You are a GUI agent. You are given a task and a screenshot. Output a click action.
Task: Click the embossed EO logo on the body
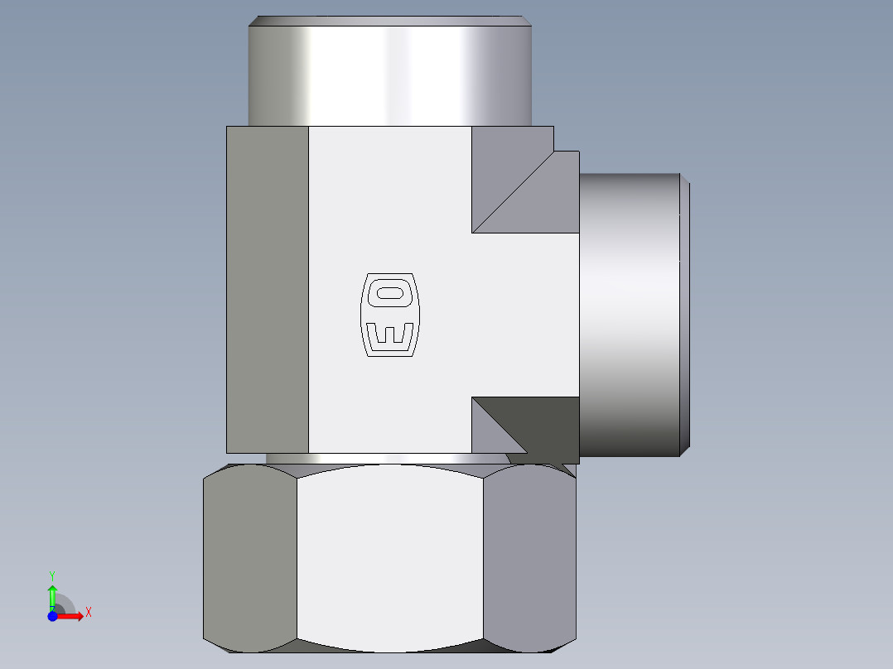[x=389, y=315]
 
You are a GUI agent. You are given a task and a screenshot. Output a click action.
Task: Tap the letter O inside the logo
[x=389, y=292]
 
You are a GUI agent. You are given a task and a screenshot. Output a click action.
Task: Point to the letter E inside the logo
[x=389, y=335]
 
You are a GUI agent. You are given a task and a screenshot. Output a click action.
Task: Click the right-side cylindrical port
[x=630, y=315]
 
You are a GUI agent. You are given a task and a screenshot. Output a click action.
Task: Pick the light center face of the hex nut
[x=389, y=555]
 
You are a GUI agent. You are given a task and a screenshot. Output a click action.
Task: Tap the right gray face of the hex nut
[x=529, y=555]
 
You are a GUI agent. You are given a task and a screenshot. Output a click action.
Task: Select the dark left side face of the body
[x=267, y=290]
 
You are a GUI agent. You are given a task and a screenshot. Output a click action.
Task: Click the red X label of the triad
[x=88, y=613]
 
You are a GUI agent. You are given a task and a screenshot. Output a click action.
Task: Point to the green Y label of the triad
[x=52, y=575]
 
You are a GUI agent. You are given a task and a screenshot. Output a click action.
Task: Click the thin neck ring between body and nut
[x=381, y=458]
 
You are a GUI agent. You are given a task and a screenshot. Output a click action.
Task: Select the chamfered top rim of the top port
[x=389, y=20]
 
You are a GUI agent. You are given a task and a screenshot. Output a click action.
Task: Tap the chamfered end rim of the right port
[x=685, y=315]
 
